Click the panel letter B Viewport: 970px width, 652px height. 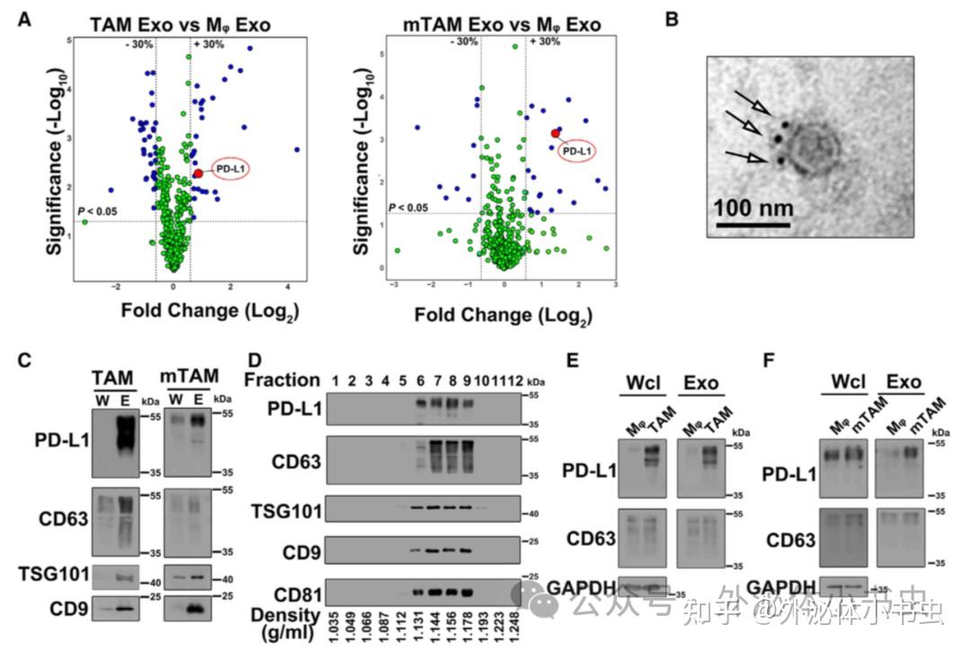pos(671,17)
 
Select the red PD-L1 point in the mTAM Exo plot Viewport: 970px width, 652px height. pos(555,133)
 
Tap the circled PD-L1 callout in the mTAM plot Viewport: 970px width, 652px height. pos(578,151)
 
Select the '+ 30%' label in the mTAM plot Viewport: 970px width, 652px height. pos(546,42)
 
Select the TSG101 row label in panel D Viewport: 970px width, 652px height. pos(286,509)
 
